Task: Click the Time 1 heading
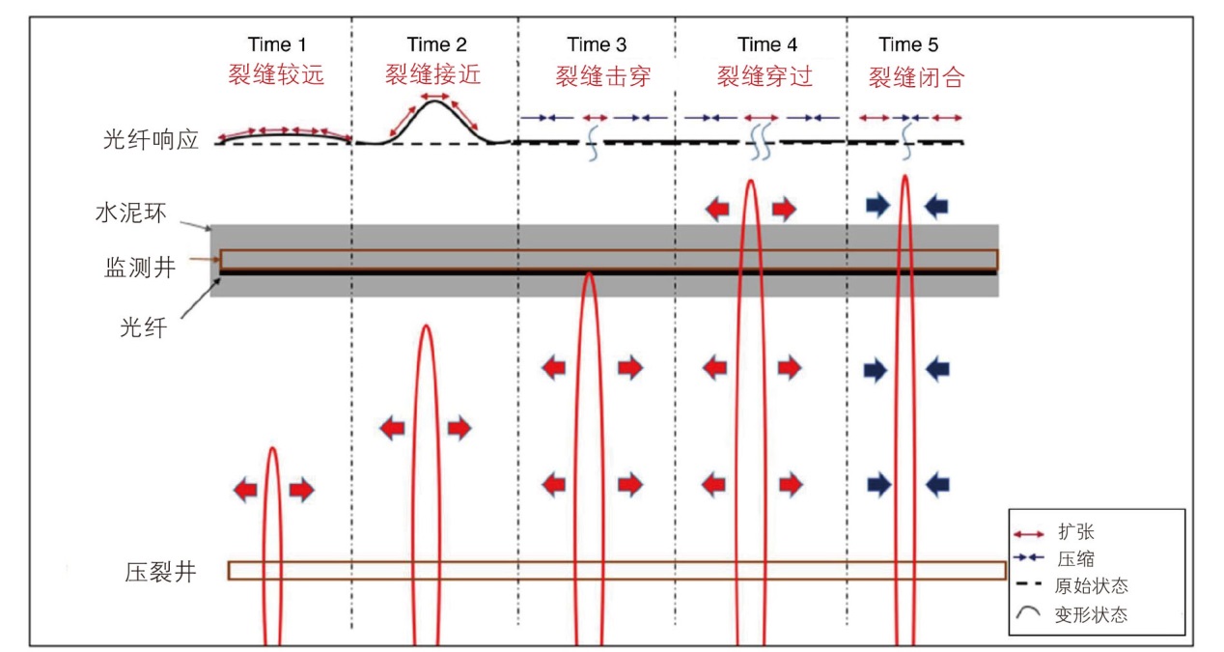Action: click(x=276, y=44)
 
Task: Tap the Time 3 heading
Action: click(x=597, y=44)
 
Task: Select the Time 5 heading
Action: click(x=908, y=44)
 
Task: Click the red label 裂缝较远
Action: click(x=276, y=74)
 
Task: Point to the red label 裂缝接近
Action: click(x=433, y=74)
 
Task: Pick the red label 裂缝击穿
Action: click(x=603, y=76)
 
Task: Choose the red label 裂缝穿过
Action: click(x=765, y=76)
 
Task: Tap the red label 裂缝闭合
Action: click(x=917, y=77)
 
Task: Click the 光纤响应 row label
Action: click(x=151, y=140)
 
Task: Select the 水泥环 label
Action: click(x=131, y=213)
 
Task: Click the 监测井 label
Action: click(x=140, y=268)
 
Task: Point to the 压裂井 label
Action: click(x=160, y=572)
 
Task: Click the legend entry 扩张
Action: click(x=1076, y=531)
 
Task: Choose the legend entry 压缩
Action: click(x=1076, y=558)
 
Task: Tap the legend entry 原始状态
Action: click(x=1092, y=585)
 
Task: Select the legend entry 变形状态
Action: click(x=1092, y=614)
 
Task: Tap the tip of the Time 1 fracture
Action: click(x=272, y=448)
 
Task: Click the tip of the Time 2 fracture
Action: click(x=426, y=326)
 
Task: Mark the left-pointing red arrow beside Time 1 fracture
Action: click(x=245, y=489)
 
